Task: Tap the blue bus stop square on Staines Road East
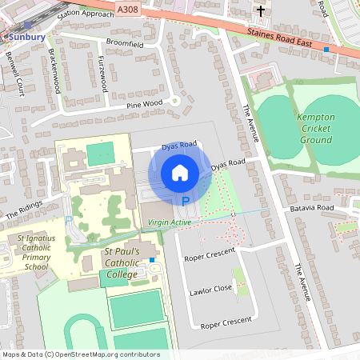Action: coord(326,50)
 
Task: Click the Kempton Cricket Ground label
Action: coord(315,128)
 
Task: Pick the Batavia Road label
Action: coord(311,207)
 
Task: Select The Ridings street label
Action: coord(23,211)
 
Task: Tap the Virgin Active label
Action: coord(169,222)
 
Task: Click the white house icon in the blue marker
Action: coord(180,173)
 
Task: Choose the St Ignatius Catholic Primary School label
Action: coord(31,253)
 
